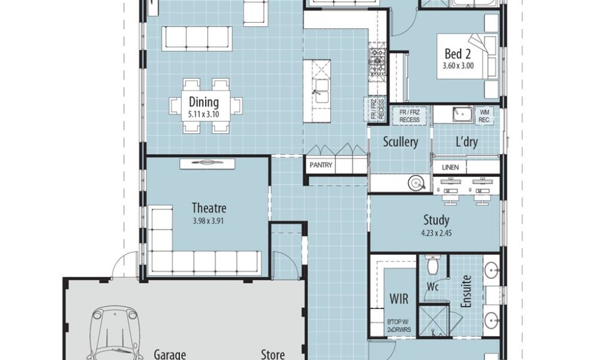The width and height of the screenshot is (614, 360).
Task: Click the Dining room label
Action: [204, 102]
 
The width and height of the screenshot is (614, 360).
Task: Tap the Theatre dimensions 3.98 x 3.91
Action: [208, 221]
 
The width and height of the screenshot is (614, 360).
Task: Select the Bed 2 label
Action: [458, 53]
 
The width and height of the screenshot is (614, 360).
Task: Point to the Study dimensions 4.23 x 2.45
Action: [437, 233]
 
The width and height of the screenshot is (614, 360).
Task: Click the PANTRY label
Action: [321, 165]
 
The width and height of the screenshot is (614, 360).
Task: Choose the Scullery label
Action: [400, 142]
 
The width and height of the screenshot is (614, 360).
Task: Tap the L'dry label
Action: [466, 142]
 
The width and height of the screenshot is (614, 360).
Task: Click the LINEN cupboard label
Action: [450, 167]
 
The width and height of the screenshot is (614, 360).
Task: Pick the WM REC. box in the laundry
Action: [484, 116]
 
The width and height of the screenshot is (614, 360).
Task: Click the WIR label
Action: [399, 299]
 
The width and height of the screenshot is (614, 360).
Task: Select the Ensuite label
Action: [466, 292]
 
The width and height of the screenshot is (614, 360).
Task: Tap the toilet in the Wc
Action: [432, 265]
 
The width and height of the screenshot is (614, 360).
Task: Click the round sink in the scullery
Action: [416, 183]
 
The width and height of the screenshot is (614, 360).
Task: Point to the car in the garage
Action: [115, 333]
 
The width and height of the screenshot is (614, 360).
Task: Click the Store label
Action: [273, 354]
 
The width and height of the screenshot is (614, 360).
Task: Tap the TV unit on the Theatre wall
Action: [207, 164]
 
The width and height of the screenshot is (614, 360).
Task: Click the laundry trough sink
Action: [463, 115]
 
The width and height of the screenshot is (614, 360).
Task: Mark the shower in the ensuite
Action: [433, 321]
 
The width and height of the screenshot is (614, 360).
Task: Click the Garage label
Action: [170, 355]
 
